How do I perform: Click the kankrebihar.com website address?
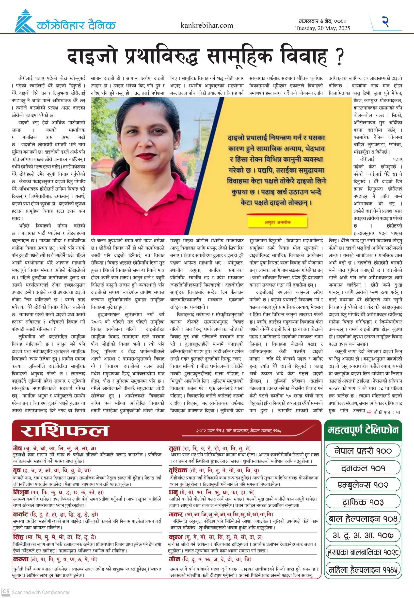tap(207, 25)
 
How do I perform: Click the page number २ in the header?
tap(385, 22)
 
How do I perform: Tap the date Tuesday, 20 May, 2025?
tap(322, 28)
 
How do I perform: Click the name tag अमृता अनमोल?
tap(277, 222)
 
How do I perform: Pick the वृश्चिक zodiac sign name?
tap(178, 470)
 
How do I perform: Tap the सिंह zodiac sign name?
tap(18, 537)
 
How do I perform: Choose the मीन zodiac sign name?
tap(174, 559)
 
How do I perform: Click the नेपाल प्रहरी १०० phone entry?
tap(363, 450)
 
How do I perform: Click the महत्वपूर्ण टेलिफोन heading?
tap(363, 430)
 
